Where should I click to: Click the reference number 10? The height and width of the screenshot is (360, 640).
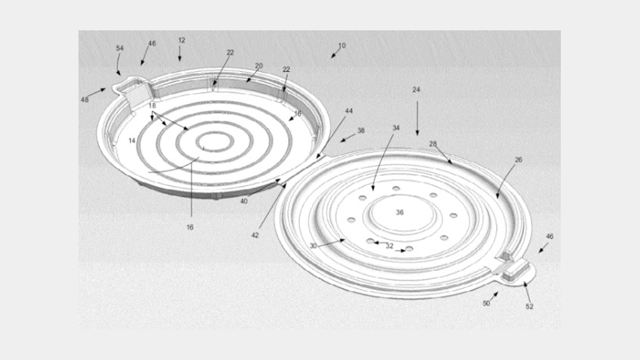tap(342, 46)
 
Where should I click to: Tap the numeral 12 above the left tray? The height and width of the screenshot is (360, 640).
tap(181, 41)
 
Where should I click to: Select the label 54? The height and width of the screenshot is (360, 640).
tap(119, 49)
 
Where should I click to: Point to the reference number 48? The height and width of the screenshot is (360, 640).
tap(84, 100)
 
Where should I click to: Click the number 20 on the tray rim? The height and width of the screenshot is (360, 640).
tap(259, 66)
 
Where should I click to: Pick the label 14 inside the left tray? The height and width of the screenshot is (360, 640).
tap(132, 140)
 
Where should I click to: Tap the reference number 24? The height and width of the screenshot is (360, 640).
tap(416, 90)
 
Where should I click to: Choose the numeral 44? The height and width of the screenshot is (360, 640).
tap(349, 111)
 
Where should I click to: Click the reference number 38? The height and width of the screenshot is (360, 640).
tap(361, 131)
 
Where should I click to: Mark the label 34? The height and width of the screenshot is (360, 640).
tap(396, 128)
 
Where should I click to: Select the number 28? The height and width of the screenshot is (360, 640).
tap(433, 144)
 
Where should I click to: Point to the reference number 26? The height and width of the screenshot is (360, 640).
tap(519, 160)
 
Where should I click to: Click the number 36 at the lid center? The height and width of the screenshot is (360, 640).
tap(400, 212)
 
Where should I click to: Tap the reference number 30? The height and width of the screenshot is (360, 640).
tap(313, 246)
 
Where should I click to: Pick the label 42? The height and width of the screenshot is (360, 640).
tap(255, 235)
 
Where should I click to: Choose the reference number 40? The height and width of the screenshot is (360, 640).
tap(244, 201)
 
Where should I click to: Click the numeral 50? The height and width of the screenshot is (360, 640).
tap(486, 303)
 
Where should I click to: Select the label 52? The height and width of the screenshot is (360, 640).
tap(529, 307)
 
